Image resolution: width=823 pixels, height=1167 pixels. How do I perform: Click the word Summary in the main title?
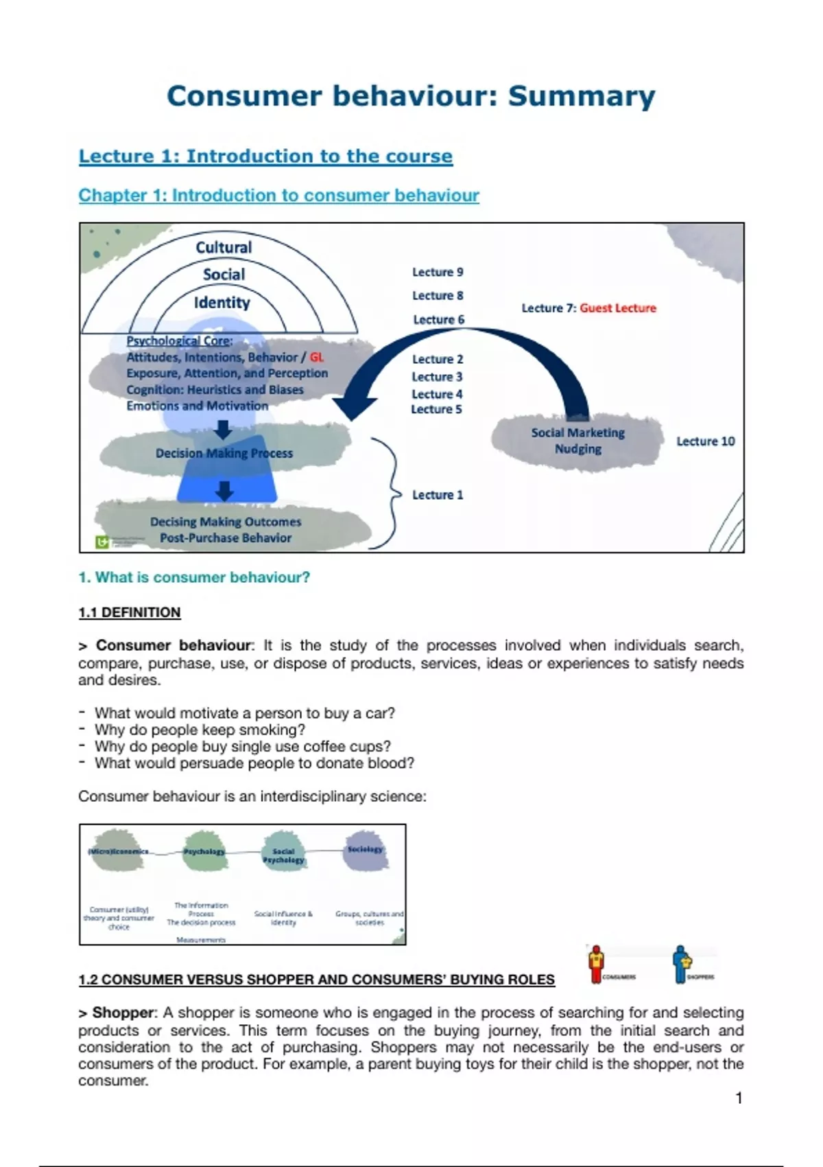[x=581, y=97]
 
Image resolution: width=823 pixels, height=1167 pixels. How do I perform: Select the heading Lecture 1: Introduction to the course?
[x=265, y=157]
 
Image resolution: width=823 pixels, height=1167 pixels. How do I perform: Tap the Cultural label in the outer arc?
[x=224, y=248]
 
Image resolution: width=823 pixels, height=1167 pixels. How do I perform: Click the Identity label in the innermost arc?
[x=222, y=303]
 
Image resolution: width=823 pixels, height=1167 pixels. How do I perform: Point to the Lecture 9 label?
[x=438, y=273]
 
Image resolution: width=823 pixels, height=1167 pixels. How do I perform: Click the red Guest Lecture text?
[x=618, y=308]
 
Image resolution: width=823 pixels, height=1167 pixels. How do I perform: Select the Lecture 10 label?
[x=705, y=441]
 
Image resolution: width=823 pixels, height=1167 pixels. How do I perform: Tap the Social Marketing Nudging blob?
[x=577, y=441]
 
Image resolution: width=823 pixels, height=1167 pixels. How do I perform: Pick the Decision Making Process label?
[x=224, y=453]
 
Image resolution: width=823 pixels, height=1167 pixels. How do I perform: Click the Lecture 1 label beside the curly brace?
[x=438, y=495]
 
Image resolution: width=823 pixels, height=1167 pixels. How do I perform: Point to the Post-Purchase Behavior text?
[x=226, y=538]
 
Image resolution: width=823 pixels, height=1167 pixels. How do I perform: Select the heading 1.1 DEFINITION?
[x=130, y=612]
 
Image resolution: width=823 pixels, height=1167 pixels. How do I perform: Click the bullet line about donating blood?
[x=254, y=763]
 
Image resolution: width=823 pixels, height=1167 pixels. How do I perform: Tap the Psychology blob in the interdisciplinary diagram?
[x=204, y=851]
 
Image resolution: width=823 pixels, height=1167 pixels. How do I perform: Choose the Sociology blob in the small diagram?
[x=365, y=850]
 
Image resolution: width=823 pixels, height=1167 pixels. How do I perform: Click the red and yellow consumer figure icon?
[x=597, y=963]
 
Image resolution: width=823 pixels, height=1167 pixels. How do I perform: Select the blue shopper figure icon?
[x=680, y=963]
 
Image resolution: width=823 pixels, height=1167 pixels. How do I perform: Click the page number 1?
[x=739, y=1098]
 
